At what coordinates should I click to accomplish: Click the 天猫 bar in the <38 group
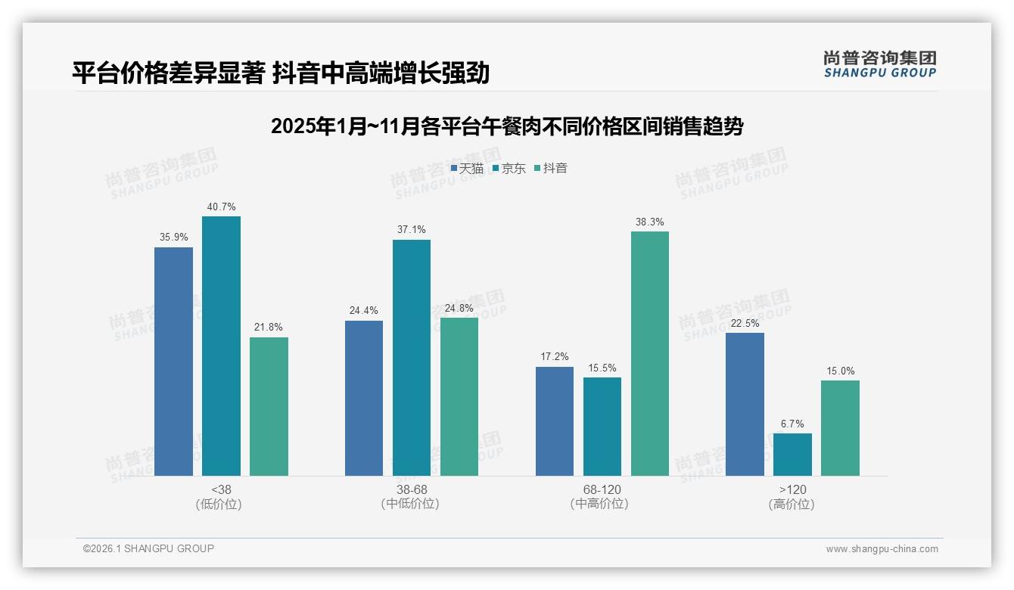point(173,362)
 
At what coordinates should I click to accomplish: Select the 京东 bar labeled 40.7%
point(221,346)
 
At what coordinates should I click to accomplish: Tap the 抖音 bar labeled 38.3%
point(650,353)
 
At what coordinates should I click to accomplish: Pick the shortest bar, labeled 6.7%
point(792,455)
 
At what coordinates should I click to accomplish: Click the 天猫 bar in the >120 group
point(745,404)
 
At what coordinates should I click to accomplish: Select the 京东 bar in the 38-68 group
point(411,358)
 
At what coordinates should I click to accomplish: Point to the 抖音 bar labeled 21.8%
point(269,406)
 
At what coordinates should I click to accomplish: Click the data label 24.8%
point(459,308)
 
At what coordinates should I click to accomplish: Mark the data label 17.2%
point(554,357)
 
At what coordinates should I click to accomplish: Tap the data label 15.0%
point(840,371)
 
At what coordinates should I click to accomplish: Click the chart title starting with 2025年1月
point(506,126)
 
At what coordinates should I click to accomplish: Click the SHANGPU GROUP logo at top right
point(879,64)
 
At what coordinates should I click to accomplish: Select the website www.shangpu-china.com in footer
point(882,549)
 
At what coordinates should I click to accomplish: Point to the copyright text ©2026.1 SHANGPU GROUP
point(148,548)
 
